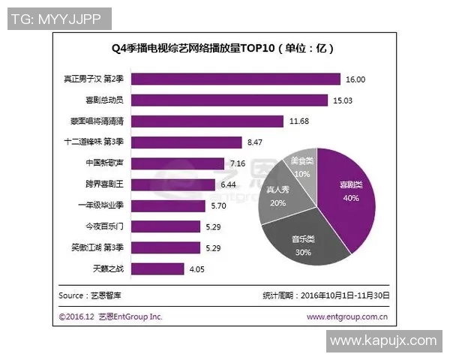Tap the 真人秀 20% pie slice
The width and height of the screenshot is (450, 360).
(x=279, y=196)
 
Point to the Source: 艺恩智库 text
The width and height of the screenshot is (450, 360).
(x=88, y=295)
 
